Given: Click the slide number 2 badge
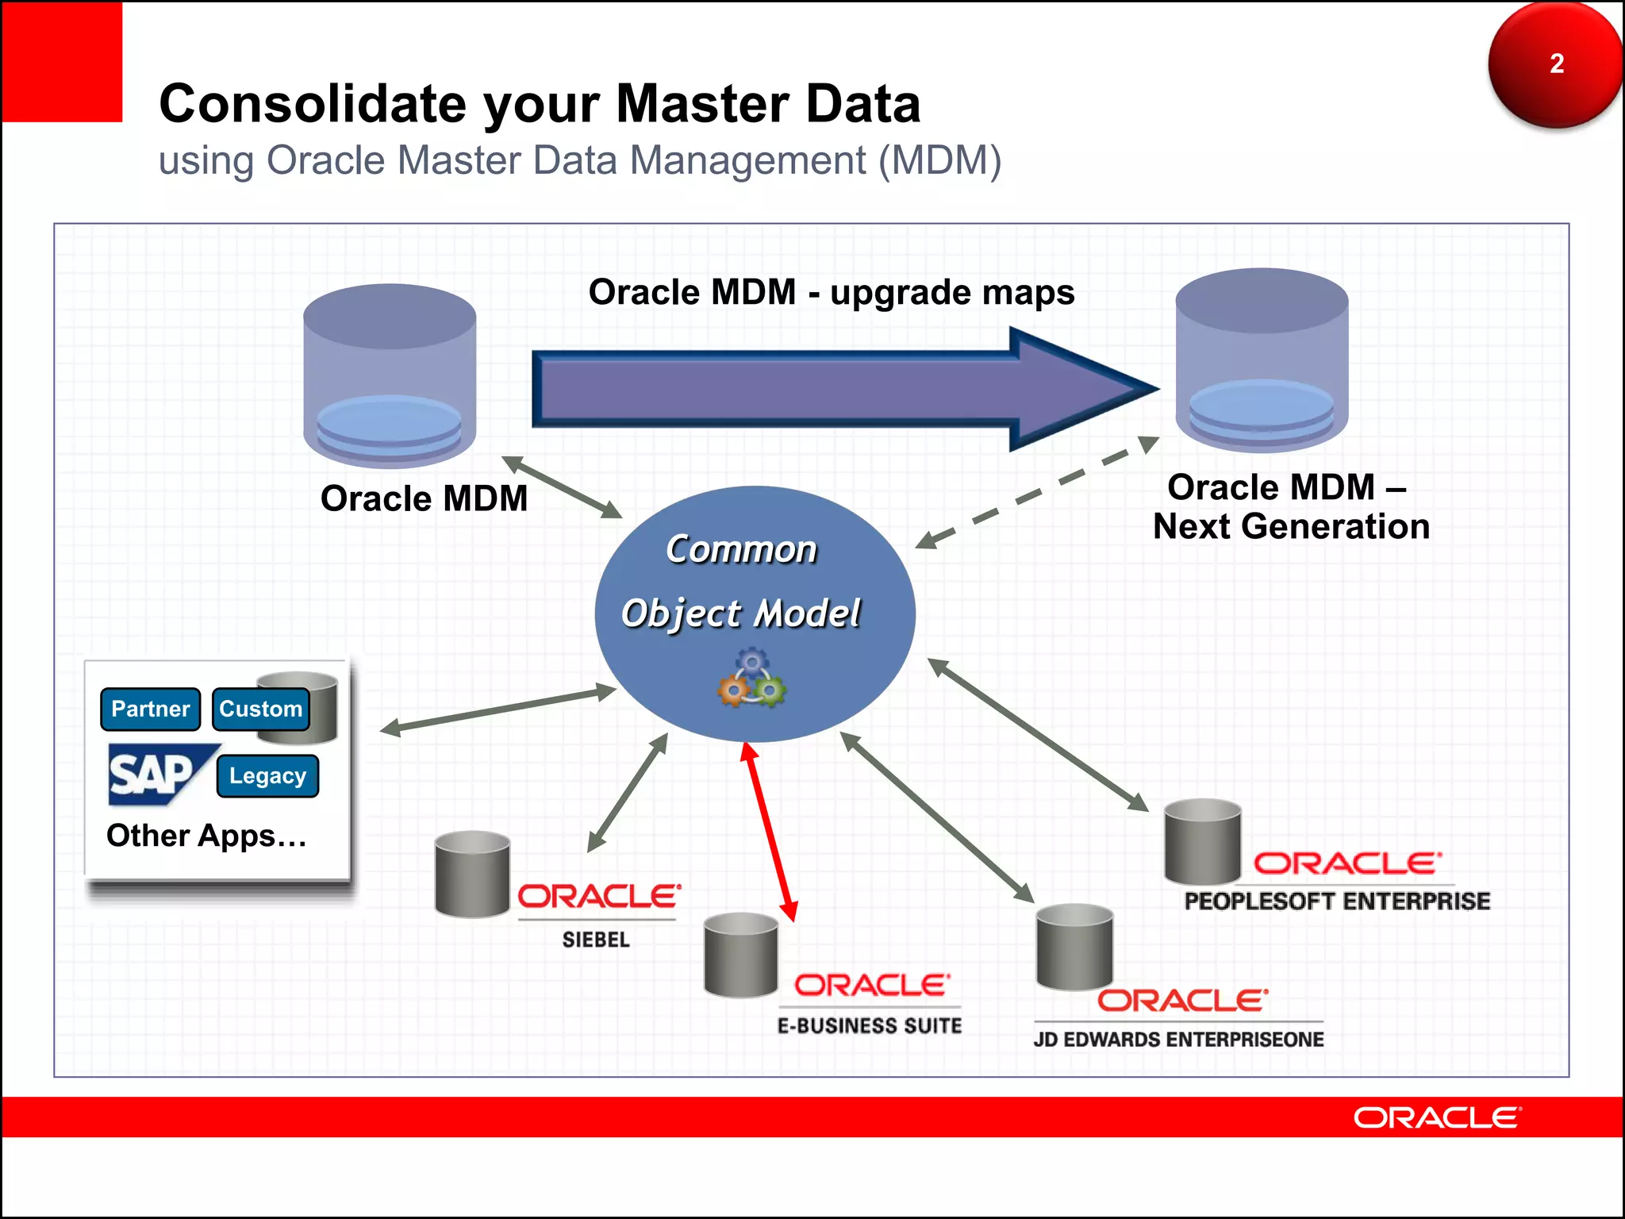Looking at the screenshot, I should tap(1555, 64).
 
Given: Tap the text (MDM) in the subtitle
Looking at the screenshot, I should tap(939, 160).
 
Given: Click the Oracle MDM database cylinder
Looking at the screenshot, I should tap(390, 373).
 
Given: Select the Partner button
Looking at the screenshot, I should tap(151, 709).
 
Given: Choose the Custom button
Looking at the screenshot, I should tap(260, 709).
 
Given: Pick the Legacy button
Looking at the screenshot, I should tap(267, 775).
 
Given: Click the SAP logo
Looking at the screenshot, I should tap(155, 774).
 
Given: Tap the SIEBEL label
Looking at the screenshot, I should tap(596, 940).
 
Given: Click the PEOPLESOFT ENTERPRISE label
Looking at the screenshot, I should tap(1337, 902).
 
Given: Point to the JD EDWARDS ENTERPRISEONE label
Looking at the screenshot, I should tap(1178, 1040).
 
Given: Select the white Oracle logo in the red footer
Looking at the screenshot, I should tap(1436, 1117).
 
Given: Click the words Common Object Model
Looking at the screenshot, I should tap(741, 582).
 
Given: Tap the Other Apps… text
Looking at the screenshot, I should tap(206, 836).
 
